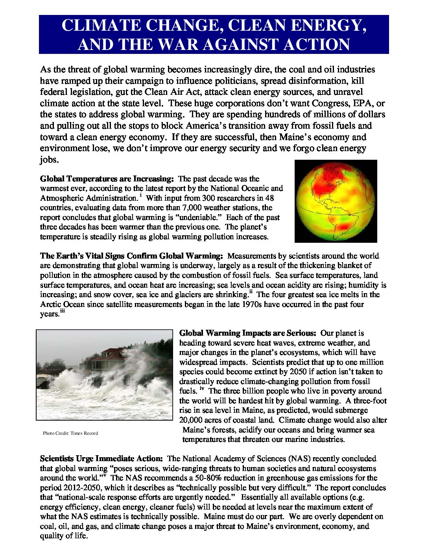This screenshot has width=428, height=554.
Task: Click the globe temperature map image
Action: click(336, 201)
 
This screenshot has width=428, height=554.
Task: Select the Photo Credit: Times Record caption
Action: click(70, 433)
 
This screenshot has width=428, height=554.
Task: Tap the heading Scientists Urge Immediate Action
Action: click(101, 459)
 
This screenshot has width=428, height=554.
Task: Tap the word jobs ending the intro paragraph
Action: click(48, 160)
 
